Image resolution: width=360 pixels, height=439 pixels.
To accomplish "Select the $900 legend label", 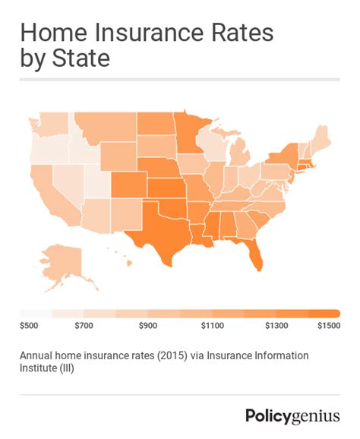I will (148, 326).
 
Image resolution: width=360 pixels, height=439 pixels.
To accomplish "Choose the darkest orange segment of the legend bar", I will (324, 314).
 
